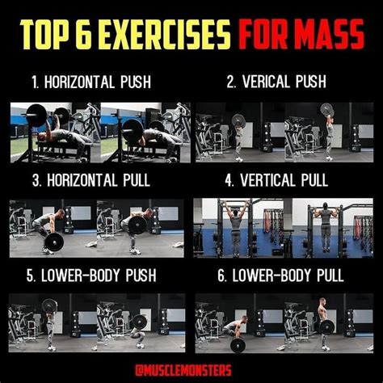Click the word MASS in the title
[330, 34]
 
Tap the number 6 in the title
[84, 34]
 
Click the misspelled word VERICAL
[265, 82]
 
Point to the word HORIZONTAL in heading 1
[78, 82]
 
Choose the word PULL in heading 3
[137, 180]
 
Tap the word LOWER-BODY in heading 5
[80, 276]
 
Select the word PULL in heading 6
[330, 276]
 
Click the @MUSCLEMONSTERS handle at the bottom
[183, 370]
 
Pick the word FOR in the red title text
[263, 34]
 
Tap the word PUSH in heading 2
[311, 82]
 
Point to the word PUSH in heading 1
[136, 82]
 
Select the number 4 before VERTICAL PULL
[229, 180]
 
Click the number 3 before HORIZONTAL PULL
[36, 180]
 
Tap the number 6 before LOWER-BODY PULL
[221, 276]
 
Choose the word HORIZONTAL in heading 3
[82, 180]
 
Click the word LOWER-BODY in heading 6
[271, 276]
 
